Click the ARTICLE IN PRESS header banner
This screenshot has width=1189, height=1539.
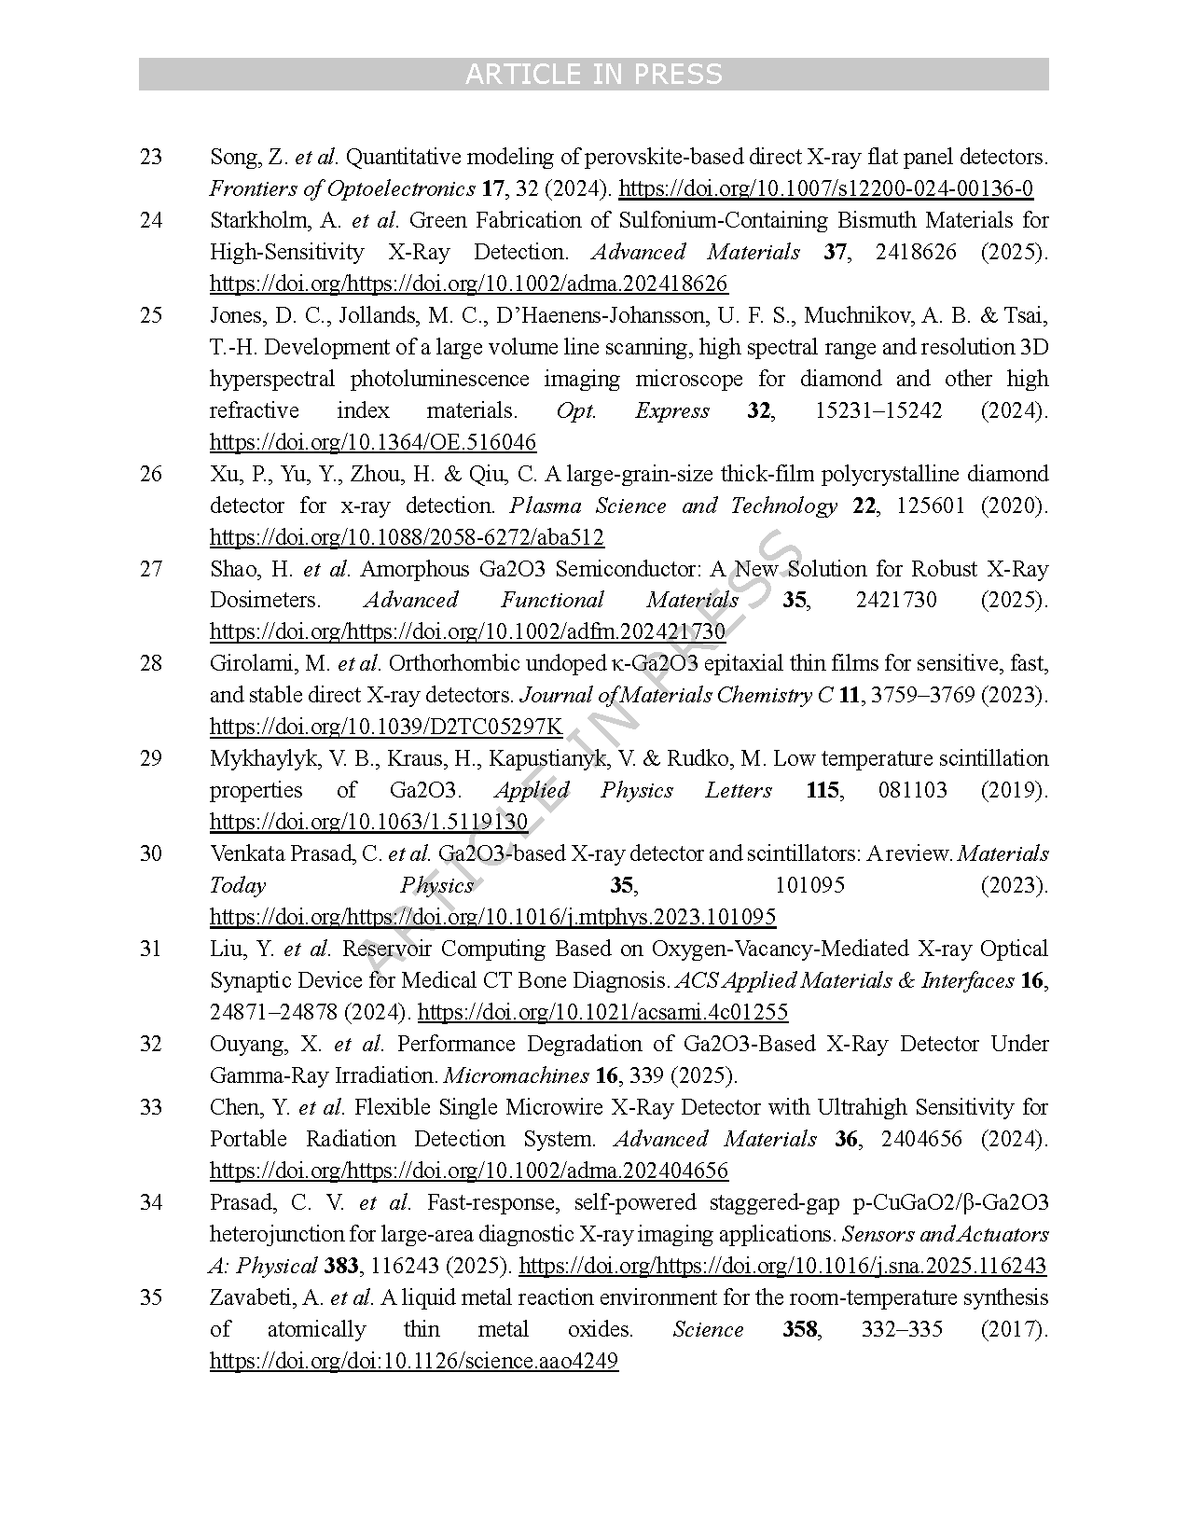(593, 75)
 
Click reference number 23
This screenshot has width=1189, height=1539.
(151, 157)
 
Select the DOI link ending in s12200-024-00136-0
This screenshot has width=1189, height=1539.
(825, 188)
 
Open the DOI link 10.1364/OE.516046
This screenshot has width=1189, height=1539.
(373, 442)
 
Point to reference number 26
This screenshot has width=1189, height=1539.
(151, 474)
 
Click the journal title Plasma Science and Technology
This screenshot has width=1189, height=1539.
(673, 506)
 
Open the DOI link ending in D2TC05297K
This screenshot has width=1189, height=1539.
(386, 727)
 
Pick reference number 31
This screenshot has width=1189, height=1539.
(151, 949)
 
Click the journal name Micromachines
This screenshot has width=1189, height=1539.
(516, 1075)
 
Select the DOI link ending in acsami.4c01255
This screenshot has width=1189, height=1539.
(602, 1012)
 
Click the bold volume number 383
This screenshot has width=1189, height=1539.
(341, 1266)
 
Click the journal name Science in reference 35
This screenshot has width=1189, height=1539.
(708, 1329)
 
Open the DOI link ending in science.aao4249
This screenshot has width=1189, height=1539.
(414, 1361)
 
